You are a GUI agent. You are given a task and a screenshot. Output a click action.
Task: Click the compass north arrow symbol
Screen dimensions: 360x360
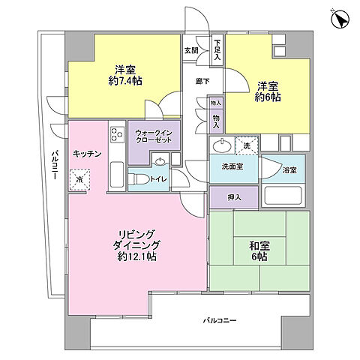[x=339, y=19]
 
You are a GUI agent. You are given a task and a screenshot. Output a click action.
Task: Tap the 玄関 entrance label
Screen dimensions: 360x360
[x=190, y=50]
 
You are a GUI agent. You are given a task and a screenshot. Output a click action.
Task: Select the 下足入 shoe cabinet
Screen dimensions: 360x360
[x=217, y=49]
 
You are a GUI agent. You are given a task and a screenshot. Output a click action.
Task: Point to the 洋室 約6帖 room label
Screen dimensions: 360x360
[x=267, y=90]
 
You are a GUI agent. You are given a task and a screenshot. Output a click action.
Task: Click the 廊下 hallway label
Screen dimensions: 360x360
[x=202, y=80]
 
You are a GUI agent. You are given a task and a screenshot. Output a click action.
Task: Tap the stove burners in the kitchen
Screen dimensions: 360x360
[x=118, y=134]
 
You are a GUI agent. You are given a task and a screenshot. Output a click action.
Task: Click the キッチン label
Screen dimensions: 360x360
[x=87, y=153]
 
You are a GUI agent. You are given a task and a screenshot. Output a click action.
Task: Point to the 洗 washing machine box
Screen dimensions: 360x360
[x=244, y=145]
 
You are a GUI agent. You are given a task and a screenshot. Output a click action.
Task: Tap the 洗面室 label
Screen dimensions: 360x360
[x=231, y=166]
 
